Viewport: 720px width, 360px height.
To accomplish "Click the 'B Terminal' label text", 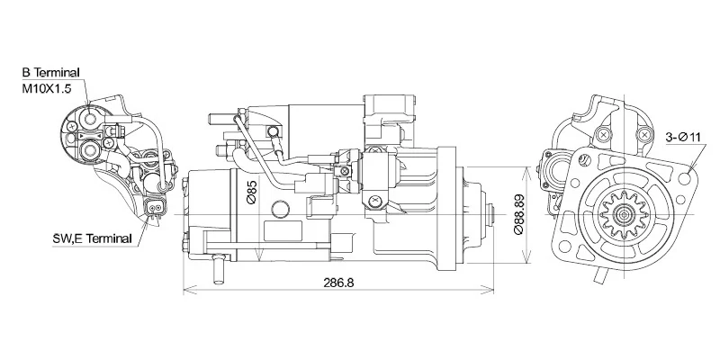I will click(50, 71).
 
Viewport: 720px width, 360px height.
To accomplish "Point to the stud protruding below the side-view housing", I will click(217, 267).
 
